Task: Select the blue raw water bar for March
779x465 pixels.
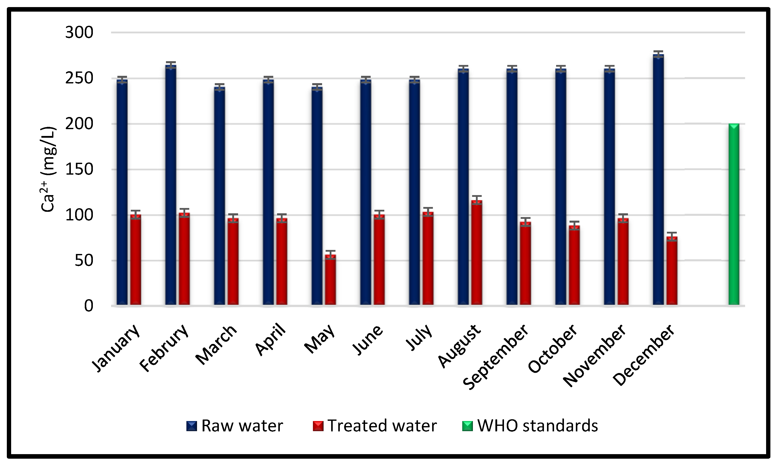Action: point(220,196)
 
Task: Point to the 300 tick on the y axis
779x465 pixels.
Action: point(79,33)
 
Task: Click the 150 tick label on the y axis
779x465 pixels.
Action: point(79,170)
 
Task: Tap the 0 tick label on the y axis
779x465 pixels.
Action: point(89,306)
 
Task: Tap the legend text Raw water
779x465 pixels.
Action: point(242,426)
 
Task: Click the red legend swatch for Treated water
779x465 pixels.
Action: point(318,426)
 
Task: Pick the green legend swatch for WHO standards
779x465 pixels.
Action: point(467,426)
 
